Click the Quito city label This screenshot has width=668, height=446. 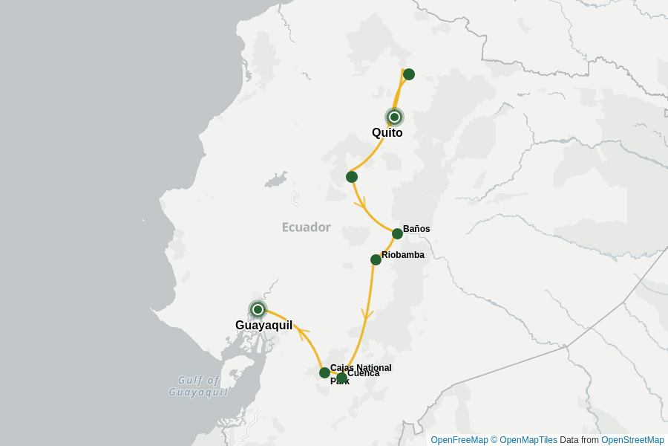click(x=387, y=133)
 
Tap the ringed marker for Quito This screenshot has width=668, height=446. click(x=395, y=117)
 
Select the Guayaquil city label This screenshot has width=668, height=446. click(x=263, y=326)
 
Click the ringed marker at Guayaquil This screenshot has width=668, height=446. click(x=258, y=309)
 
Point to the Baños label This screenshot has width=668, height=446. click(x=416, y=229)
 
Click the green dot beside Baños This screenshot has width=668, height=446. click(x=398, y=233)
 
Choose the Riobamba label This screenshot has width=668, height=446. click(x=403, y=255)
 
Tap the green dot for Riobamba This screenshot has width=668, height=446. click(x=376, y=259)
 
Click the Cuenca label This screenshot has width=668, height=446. click(x=363, y=373)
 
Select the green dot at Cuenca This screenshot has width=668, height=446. click(x=341, y=378)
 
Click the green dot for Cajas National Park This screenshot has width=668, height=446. click(x=325, y=372)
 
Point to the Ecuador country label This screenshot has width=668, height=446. click(x=306, y=227)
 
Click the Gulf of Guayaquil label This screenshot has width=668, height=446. click(x=198, y=387)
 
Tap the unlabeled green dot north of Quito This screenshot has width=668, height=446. click(x=409, y=74)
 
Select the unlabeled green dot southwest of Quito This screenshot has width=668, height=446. click(x=352, y=177)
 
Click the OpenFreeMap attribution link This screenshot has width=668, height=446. click(x=459, y=440)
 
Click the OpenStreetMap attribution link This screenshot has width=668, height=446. click(x=632, y=440)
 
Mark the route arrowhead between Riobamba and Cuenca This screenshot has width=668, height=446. click(x=366, y=314)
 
